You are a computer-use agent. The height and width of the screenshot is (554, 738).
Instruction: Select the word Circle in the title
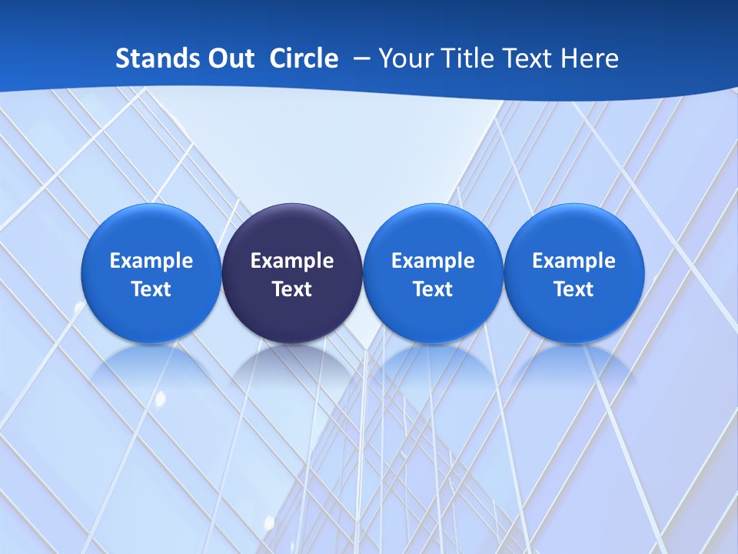(x=304, y=58)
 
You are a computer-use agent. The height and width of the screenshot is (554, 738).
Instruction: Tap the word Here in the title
(x=590, y=58)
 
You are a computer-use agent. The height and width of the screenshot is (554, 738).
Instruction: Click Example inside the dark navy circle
(x=292, y=261)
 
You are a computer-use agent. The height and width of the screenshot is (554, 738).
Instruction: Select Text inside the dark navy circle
(x=292, y=289)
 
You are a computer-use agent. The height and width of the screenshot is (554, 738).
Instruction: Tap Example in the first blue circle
(x=151, y=261)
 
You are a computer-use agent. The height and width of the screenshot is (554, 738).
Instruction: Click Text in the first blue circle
(x=151, y=289)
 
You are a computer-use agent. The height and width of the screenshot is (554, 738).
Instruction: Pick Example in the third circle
(x=433, y=261)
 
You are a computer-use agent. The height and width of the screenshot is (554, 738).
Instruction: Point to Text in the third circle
(x=433, y=289)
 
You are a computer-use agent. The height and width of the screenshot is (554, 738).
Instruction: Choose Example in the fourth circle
(x=573, y=261)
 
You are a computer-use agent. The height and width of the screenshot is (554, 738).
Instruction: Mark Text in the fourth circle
(x=573, y=289)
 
